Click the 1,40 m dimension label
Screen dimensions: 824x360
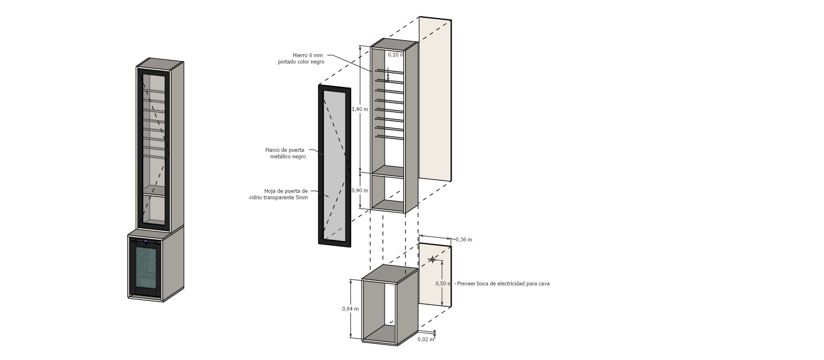tap(360, 109)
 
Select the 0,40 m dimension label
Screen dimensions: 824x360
tap(360, 190)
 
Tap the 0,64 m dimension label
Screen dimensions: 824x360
tap(350, 309)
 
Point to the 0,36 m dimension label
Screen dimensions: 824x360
tap(464, 240)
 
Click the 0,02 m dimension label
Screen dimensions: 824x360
tap(425, 340)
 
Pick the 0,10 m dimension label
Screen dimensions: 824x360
tap(396, 55)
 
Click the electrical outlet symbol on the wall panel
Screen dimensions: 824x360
tap(432, 260)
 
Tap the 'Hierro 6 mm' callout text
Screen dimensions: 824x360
tap(307, 55)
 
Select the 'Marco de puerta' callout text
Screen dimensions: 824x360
tap(285, 150)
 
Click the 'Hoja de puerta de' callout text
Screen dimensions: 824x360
tap(286, 191)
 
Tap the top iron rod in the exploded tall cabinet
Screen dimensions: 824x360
tap(389, 71)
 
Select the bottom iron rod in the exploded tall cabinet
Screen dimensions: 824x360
tap(389, 137)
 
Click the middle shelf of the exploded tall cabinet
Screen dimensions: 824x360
tap(388, 171)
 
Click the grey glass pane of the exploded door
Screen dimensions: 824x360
tap(334, 165)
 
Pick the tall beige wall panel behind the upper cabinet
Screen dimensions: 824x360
tap(435, 99)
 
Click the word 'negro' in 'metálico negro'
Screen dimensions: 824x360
tap(299, 157)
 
